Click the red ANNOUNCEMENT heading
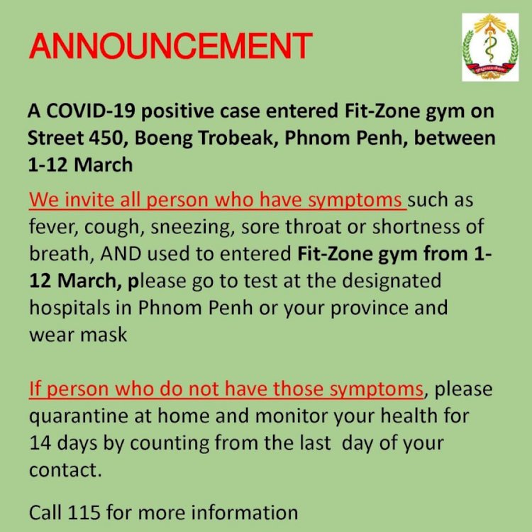[171, 46]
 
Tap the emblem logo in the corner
[490, 47]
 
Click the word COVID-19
[91, 111]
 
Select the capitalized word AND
[121, 254]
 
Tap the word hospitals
[70, 308]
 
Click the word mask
[104, 335]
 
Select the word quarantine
[79, 416]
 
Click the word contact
[65, 470]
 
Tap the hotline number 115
[84, 512]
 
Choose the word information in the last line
[244, 512]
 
